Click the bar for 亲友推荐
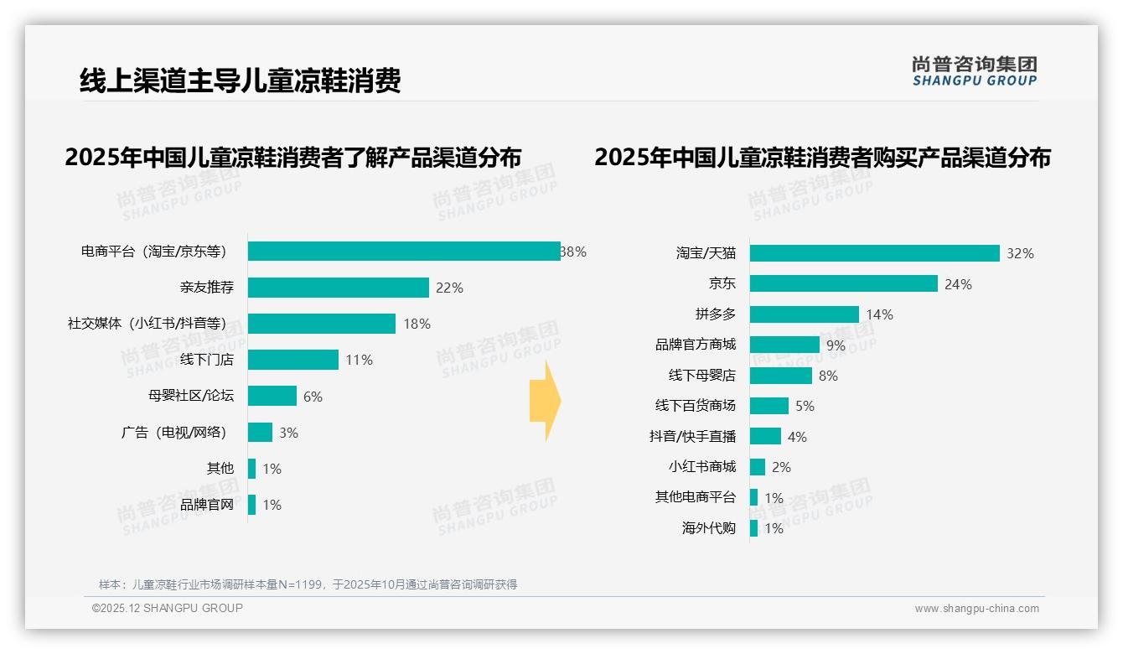coord(339,288)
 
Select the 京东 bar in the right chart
coord(843,283)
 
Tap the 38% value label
coord(574,252)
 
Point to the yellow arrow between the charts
coord(546,401)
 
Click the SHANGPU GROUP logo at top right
coord(974,70)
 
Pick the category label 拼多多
coord(715,314)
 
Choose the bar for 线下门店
coord(293,360)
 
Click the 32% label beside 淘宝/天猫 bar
coord(1020,253)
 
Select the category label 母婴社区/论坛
coord(190,396)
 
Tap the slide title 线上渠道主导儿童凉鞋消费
coord(241,80)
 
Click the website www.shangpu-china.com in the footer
coord(976,609)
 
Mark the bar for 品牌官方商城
coord(784,345)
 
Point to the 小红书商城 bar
coord(758,467)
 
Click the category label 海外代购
coord(708,528)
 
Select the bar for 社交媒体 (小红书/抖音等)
coord(322,324)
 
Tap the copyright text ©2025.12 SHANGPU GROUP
coord(168,608)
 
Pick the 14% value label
coord(879,314)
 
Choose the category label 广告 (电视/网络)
coord(173,432)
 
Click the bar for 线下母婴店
coord(781,376)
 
